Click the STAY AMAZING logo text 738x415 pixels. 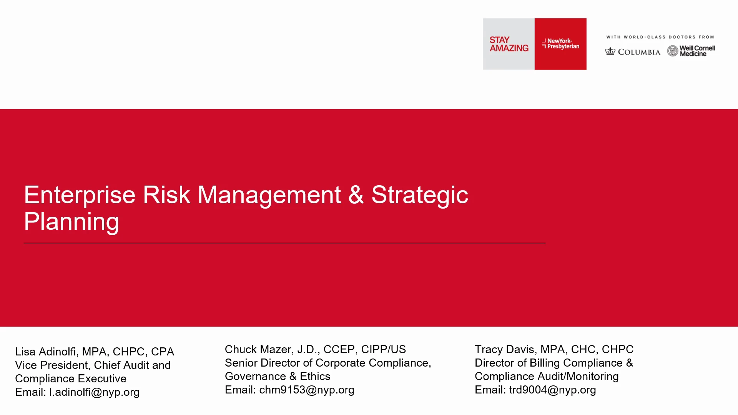(x=509, y=44)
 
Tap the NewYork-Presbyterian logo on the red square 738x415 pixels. (x=560, y=43)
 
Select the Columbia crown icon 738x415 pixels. (x=610, y=51)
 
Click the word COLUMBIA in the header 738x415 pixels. (x=639, y=52)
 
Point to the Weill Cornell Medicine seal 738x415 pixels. (x=673, y=51)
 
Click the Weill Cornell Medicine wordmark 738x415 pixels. (x=697, y=51)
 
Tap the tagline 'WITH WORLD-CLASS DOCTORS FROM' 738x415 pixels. (x=660, y=37)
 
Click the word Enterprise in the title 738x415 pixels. (x=80, y=195)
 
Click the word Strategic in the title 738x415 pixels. (x=420, y=195)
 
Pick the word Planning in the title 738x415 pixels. (x=71, y=222)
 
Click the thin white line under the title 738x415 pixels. (x=284, y=243)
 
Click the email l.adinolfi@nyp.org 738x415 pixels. (x=95, y=392)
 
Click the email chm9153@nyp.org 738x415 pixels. (x=307, y=390)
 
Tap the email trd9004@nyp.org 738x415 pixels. (x=553, y=390)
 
